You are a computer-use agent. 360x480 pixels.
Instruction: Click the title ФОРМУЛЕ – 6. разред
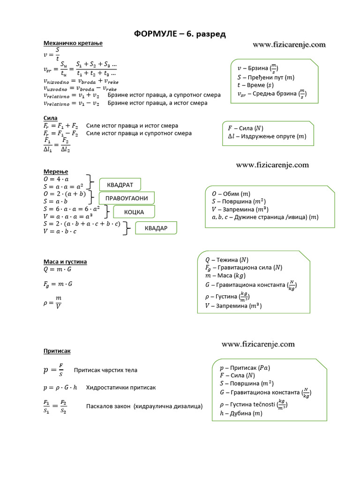(180, 34)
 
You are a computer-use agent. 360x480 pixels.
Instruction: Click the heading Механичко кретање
(73, 43)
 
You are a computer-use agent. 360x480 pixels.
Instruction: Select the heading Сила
(50, 118)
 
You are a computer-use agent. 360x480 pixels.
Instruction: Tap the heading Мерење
(56, 172)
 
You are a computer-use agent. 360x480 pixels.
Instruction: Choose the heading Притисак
(57, 351)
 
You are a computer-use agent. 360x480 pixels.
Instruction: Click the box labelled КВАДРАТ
(120, 185)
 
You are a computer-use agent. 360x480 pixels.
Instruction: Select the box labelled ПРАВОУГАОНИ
(127, 198)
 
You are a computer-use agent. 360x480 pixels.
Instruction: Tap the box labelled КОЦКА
(134, 212)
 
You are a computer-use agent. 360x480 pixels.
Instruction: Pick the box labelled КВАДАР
(157, 228)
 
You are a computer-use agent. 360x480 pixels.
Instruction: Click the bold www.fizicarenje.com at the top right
(289, 45)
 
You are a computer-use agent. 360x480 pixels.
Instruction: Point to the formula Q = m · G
(58, 270)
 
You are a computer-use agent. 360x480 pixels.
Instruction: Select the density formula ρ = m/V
(52, 302)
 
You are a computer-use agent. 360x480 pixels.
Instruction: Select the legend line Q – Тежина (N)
(226, 259)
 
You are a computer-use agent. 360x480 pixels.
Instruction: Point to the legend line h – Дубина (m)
(241, 413)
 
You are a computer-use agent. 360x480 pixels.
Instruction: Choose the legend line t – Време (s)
(256, 85)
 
